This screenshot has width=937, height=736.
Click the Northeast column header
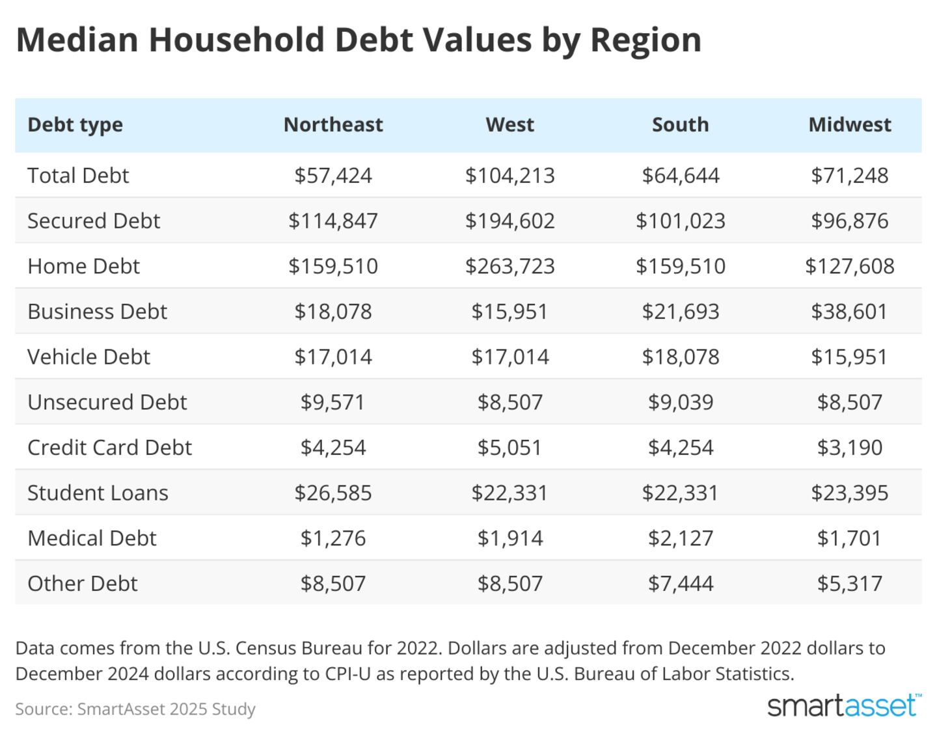point(333,124)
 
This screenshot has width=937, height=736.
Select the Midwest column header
point(849,124)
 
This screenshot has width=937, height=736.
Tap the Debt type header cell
point(75,124)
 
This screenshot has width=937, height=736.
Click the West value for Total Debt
point(509,175)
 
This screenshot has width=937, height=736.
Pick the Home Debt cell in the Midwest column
point(849,266)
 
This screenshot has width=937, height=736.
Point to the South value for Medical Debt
point(680,538)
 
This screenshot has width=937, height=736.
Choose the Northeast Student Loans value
point(333,493)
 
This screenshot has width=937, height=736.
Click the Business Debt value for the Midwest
point(849,311)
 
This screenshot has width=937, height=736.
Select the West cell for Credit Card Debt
point(509,447)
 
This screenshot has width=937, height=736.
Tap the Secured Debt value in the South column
point(680,221)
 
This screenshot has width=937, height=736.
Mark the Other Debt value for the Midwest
point(849,583)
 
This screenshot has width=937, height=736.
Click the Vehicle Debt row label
point(88,357)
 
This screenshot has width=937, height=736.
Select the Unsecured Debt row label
point(107,402)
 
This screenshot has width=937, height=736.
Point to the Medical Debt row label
point(92,538)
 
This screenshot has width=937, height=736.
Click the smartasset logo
point(844,705)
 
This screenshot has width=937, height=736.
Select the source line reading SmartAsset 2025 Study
point(135,709)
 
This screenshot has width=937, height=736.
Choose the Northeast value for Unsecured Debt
point(333,402)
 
